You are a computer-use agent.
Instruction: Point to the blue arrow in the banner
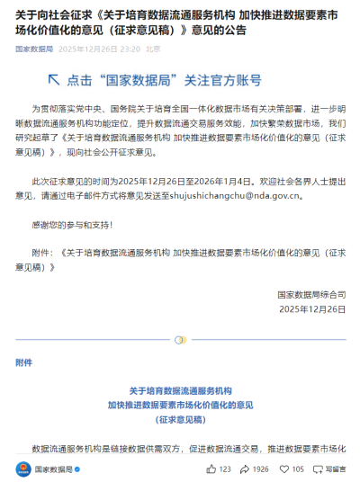(51, 79)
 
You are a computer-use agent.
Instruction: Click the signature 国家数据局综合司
(311, 294)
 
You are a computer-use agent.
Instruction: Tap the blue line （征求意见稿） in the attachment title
(181, 419)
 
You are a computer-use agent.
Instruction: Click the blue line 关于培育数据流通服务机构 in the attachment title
(181, 391)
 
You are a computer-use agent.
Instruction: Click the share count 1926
(261, 469)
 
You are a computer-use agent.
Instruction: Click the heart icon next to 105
(284, 469)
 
